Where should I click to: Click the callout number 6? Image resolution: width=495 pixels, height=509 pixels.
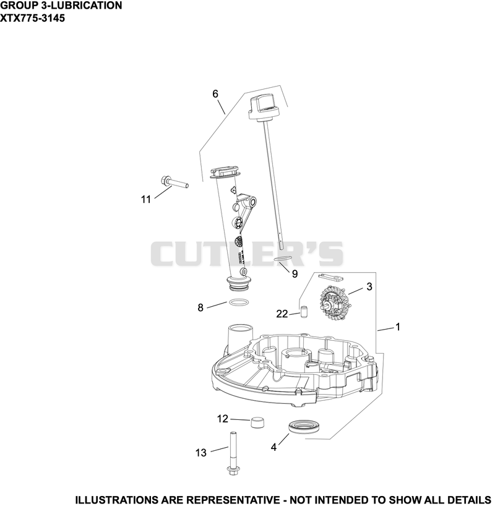point(215,94)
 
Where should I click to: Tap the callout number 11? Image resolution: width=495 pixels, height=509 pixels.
point(146,199)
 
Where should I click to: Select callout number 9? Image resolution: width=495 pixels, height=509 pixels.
point(295,274)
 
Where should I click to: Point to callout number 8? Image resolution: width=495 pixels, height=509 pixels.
point(200,307)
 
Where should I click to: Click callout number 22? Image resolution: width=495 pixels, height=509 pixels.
point(282,314)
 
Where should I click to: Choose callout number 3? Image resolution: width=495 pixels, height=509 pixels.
point(369,286)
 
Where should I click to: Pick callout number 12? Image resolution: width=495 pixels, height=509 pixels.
point(223,419)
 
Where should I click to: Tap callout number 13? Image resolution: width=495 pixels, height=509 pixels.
point(201,453)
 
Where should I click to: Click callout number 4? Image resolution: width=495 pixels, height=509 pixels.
point(273,447)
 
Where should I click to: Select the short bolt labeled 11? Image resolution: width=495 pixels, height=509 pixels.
point(174,182)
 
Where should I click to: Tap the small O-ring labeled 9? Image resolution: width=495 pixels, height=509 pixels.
point(282,259)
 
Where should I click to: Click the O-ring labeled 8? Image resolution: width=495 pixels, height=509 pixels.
point(239,302)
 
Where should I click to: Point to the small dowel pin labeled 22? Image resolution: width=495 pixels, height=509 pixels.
point(303,312)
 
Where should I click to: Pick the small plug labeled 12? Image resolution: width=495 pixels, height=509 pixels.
point(257,422)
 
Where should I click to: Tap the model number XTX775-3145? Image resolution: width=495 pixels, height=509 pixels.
point(32,18)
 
